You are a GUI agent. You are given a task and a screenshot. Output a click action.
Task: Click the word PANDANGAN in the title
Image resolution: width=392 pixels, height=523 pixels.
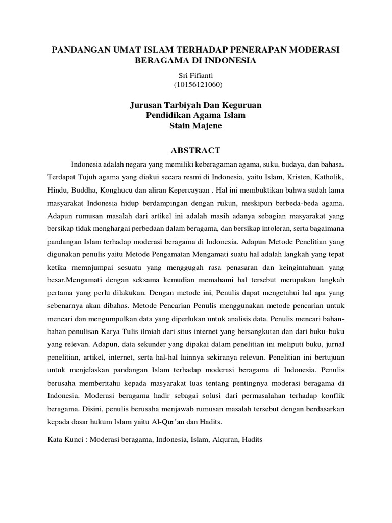80,50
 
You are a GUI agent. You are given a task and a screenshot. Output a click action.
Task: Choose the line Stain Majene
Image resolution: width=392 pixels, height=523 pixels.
195,126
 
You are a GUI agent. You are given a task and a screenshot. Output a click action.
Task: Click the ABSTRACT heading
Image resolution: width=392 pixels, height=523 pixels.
195,150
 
